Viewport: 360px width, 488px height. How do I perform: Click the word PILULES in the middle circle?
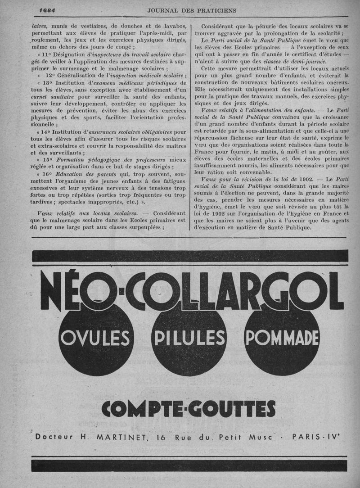coord(189,338)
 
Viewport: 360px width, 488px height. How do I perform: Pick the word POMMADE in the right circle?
coord(281,338)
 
